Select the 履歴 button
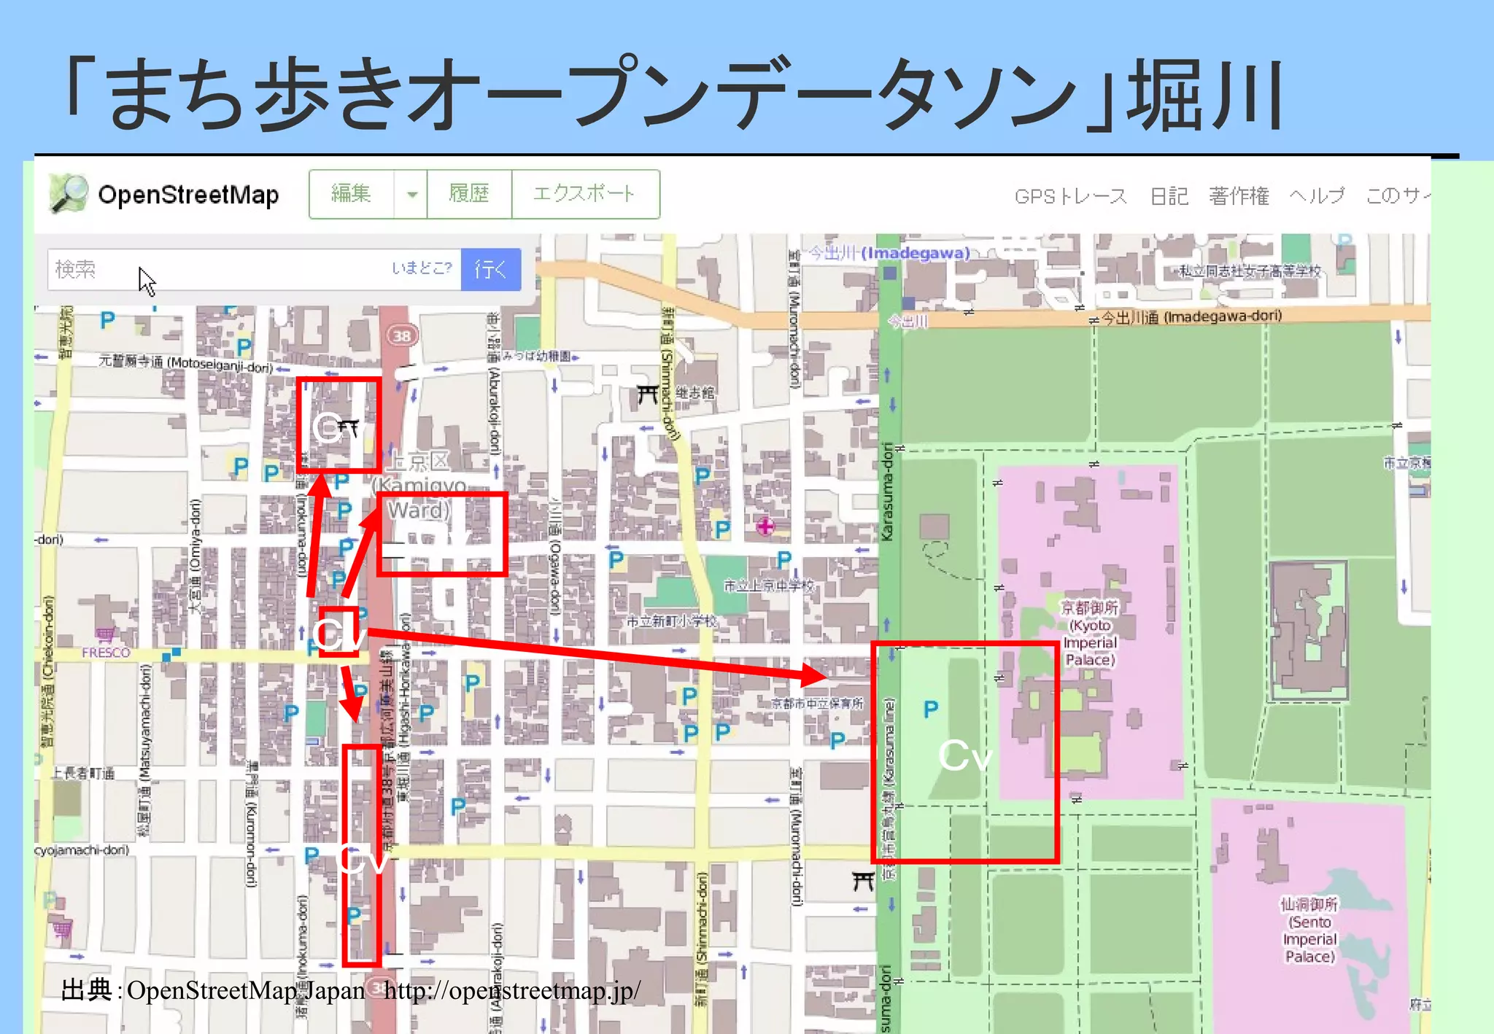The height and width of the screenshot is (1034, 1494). tap(469, 194)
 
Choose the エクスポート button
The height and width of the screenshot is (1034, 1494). tap(584, 194)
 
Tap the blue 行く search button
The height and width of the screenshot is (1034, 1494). tap(491, 269)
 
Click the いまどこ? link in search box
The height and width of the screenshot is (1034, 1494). tap(422, 268)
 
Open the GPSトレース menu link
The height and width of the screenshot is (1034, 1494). tap(1070, 196)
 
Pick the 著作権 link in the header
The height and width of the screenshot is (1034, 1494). tap(1239, 196)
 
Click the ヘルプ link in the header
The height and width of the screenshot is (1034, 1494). tap(1317, 196)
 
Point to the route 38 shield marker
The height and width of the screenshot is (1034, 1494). tap(402, 335)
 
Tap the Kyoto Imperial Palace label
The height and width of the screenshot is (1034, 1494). tap(1089, 634)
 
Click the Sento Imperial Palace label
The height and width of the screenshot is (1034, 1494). tap(1309, 930)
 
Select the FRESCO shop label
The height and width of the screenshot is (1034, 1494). tap(106, 652)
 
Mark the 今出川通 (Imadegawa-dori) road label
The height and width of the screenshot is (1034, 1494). tap(1191, 317)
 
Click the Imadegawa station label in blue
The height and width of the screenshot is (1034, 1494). tap(890, 253)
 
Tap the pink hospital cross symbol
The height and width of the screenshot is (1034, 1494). tap(765, 526)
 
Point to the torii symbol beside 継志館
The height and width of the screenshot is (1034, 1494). tap(647, 394)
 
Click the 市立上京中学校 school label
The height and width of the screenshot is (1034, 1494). tap(769, 585)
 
